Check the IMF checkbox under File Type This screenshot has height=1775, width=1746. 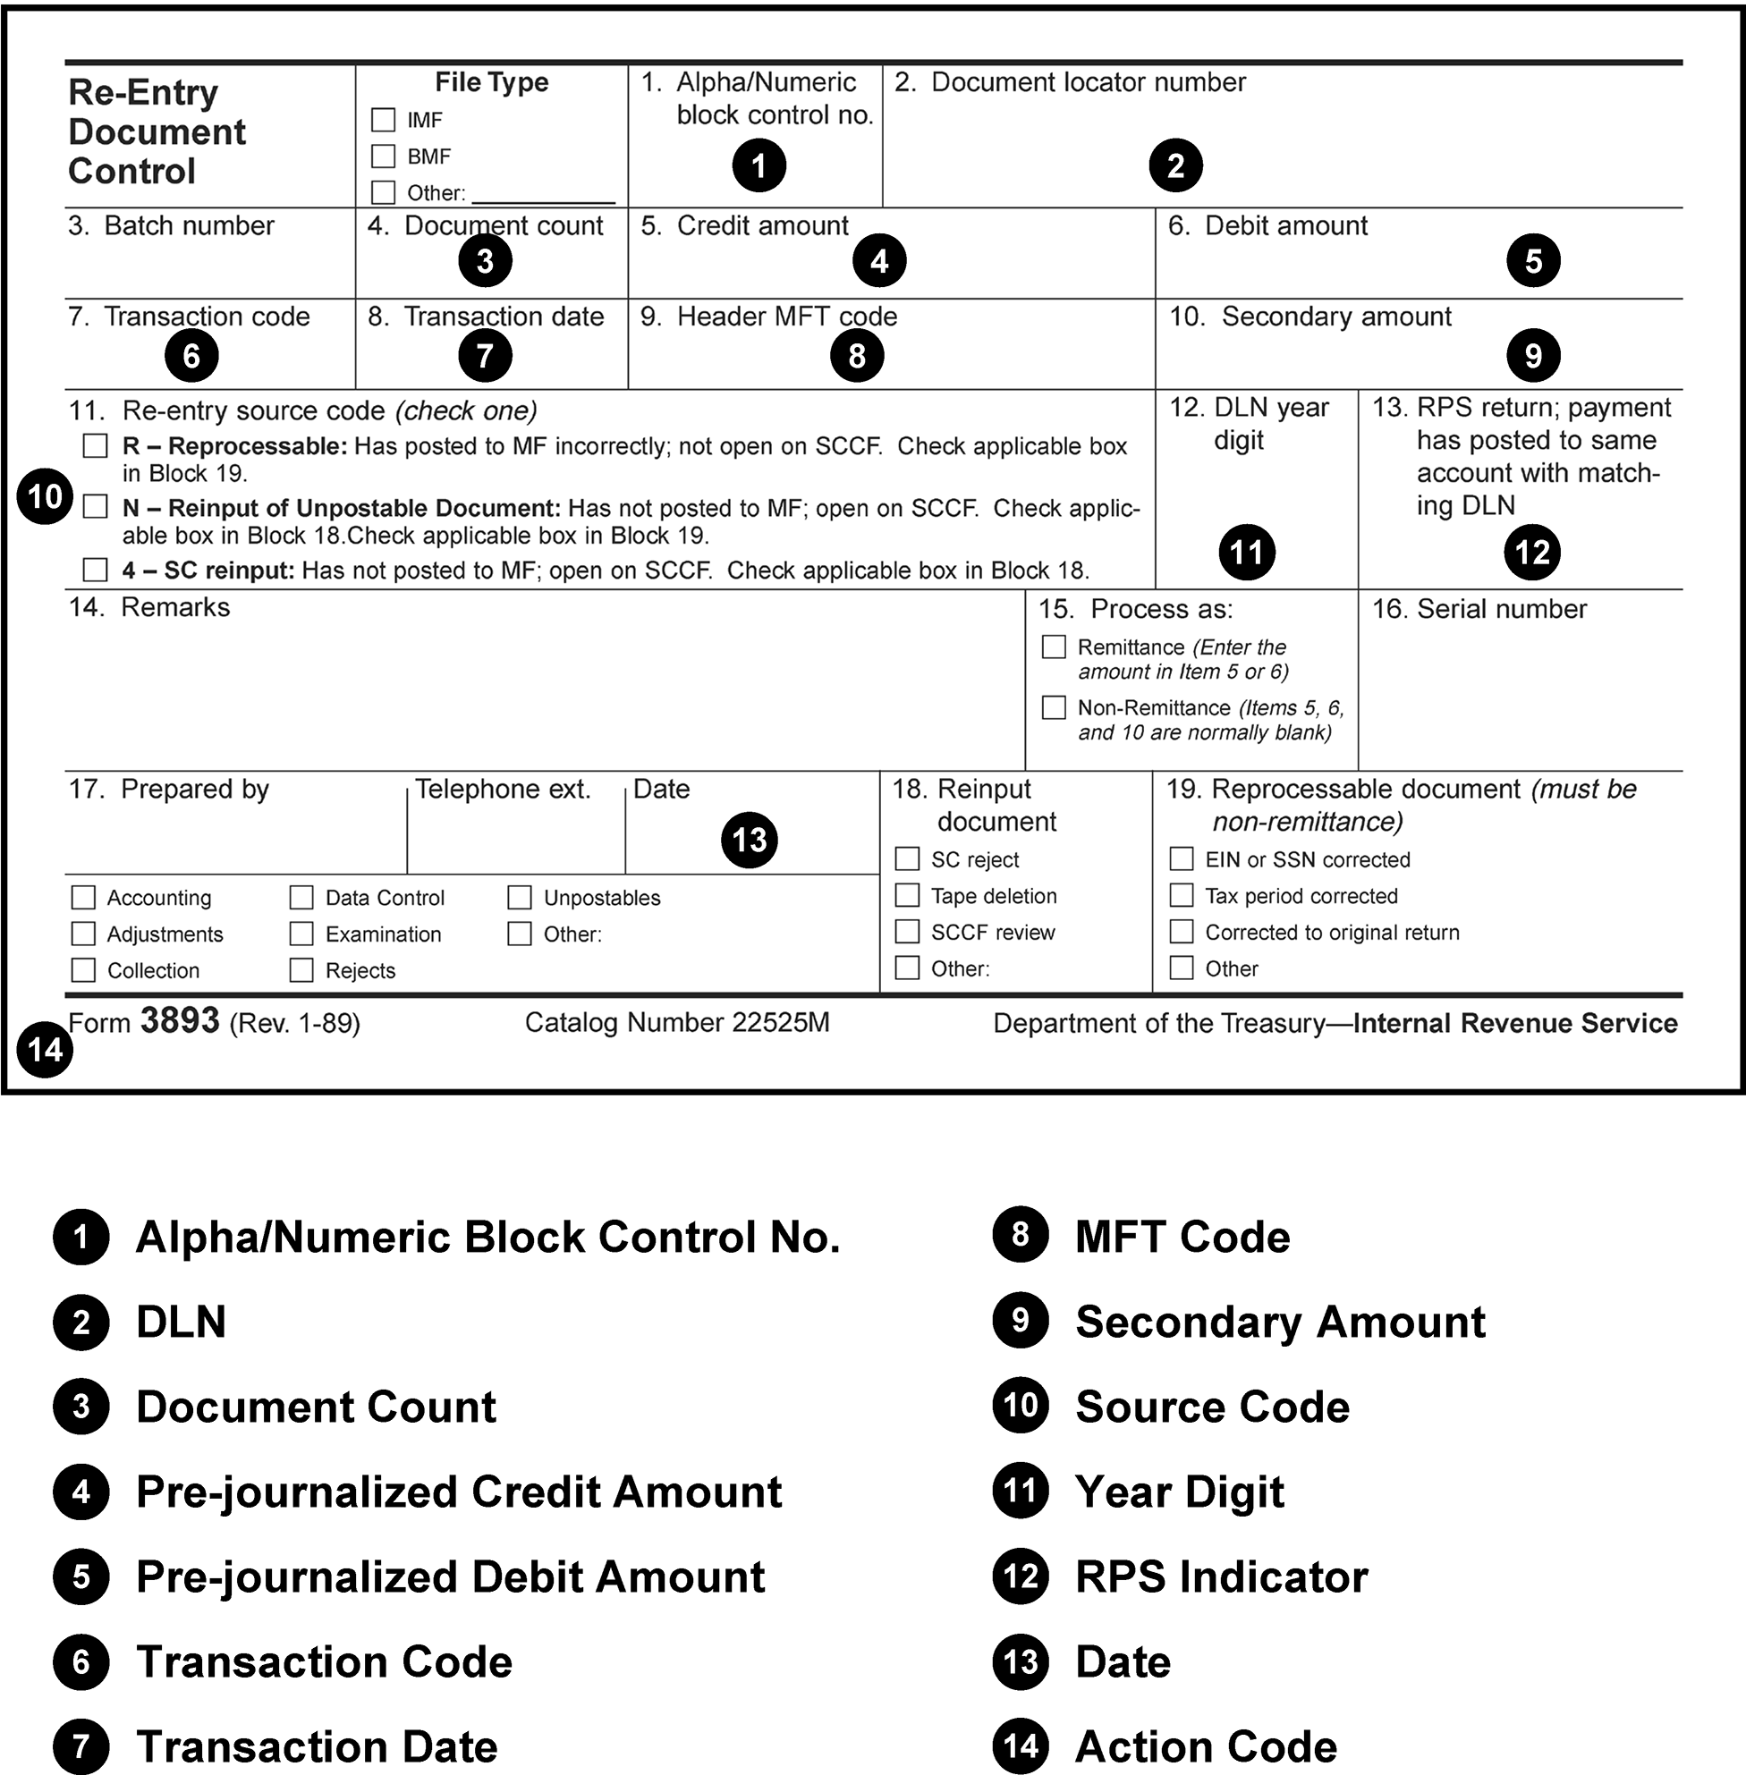[x=383, y=120]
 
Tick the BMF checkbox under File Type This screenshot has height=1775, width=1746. [x=383, y=156]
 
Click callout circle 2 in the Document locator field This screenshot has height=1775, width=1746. [x=1175, y=166]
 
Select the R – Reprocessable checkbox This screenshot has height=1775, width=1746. [x=96, y=446]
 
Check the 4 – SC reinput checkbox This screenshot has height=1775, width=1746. [x=96, y=571]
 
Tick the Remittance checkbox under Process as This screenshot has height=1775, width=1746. [x=1054, y=647]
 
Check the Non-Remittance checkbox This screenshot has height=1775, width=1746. [x=1054, y=708]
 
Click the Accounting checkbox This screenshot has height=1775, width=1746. [x=83, y=898]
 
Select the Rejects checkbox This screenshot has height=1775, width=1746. [x=301, y=970]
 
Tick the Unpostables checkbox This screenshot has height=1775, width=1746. [x=520, y=898]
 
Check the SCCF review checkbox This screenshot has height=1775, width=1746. [x=907, y=933]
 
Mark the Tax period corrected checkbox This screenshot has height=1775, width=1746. [x=1181, y=896]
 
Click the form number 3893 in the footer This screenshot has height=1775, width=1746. [x=180, y=1021]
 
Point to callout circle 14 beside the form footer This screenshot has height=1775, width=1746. [x=45, y=1050]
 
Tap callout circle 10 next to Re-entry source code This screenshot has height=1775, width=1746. [x=45, y=497]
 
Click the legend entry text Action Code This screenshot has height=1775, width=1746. [x=1205, y=1747]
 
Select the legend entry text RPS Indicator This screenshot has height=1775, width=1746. [x=1221, y=1577]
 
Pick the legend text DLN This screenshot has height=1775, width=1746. [x=181, y=1322]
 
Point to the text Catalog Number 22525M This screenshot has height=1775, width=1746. [x=677, y=1023]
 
